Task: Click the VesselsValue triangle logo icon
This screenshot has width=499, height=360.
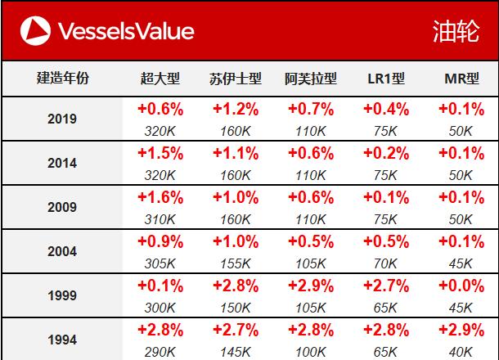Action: [33, 31]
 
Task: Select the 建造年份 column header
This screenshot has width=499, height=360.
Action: [63, 79]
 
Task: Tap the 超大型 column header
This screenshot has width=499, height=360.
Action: [160, 79]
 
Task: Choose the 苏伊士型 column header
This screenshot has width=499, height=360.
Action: [236, 79]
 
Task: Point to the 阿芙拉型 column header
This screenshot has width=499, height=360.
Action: [311, 79]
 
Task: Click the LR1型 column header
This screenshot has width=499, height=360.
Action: [386, 79]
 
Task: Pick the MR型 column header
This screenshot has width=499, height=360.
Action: [461, 79]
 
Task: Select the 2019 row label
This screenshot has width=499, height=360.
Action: [63, 119]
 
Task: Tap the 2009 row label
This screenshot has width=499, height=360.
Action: [63, 207]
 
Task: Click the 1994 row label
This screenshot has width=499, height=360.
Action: [63, 339]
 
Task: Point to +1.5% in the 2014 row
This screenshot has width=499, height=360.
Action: [160, 153]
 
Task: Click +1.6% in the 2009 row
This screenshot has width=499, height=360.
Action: [160, 197]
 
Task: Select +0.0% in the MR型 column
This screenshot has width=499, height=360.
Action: [461, 286]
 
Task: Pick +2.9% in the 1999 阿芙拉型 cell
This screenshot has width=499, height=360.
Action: [311, 286]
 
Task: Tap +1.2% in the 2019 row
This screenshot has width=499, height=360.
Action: [236, 109]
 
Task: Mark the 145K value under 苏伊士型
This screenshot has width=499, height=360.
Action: [236, 351]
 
